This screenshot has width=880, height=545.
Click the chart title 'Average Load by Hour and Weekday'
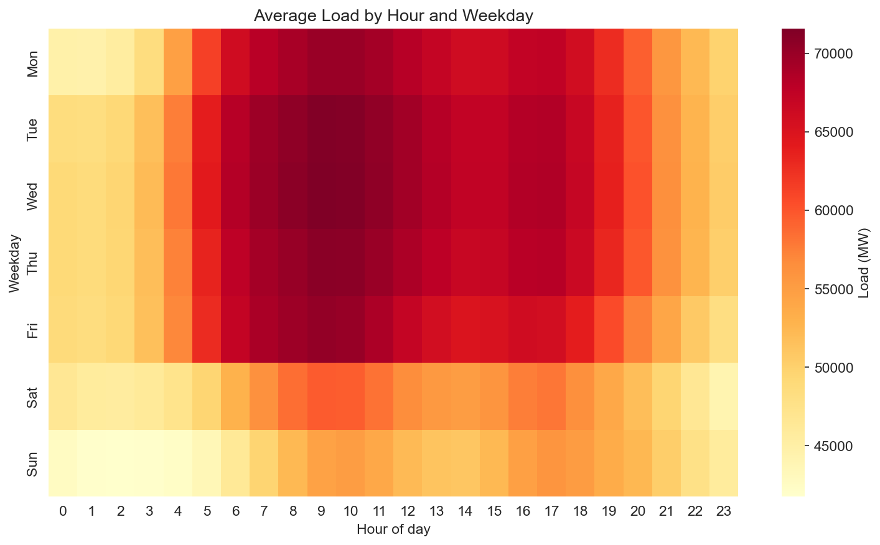393,16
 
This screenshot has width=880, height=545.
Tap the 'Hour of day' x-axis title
393,530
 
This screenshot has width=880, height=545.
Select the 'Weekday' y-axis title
15,263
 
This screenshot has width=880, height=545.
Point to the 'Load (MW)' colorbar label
863,263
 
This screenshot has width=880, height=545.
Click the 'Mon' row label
33,62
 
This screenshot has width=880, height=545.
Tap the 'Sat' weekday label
33,396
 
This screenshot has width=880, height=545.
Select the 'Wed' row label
33,196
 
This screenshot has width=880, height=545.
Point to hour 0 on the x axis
63,511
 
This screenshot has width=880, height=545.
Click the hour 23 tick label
724,511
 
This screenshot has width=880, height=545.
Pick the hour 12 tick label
408,511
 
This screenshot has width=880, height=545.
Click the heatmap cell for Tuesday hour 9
322,129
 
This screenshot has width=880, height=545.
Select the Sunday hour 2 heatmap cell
120,463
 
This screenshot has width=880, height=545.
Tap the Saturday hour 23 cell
724,396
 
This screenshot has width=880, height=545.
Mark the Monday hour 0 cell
63,62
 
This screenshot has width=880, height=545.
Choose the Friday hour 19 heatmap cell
609,329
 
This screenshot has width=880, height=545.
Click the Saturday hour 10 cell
350,396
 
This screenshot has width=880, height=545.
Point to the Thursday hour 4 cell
178,263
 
